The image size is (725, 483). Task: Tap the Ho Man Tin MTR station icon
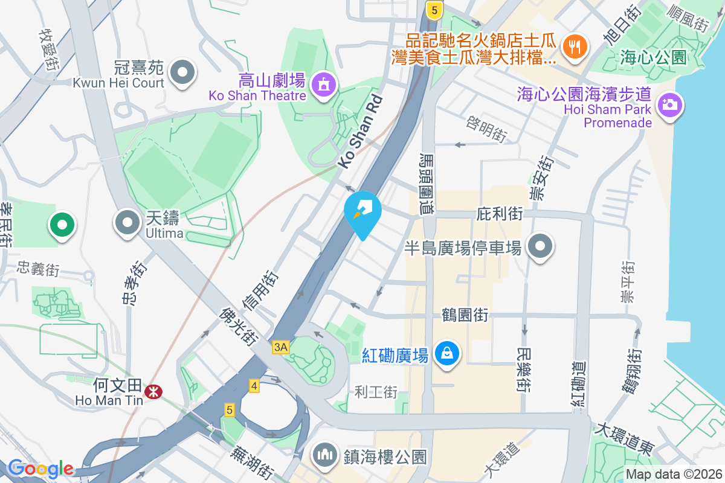pyautogui.click(x=153, y=392)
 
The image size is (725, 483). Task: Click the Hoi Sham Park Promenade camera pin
pyautogui.click(x=669, y=105)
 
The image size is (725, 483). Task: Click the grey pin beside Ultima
pyautogui.click(x=127, y=222)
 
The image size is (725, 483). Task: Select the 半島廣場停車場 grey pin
pyautogui.click(x=540, y=246)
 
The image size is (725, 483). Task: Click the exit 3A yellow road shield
pyautogui.click(x=281, y=347)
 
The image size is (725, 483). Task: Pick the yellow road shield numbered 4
pyautogui.click(x=254, y=385)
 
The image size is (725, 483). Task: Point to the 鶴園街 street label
pyautogui.click(x=465, y=314)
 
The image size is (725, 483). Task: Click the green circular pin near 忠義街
pyautogui.click(x=62, y=225)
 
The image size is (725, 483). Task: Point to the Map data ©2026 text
pyautogui.click(x=674, y=475)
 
